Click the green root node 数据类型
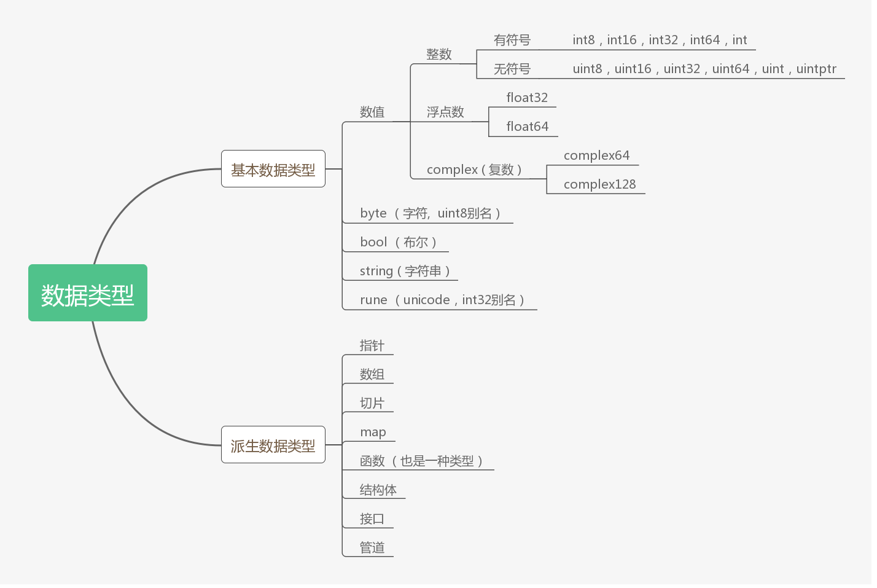[x=88, y=293]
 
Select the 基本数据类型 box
[x=273, y=169]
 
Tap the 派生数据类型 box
[x=273, y=445]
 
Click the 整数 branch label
[x=439, y=54]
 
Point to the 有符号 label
[x=512, y=40]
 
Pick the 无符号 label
[x=512, y=69]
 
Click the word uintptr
[x=816, y=69]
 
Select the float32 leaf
[x=527, y=98]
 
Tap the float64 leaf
[x=527, y=127]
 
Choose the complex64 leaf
[x=596, y=155]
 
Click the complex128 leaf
[x=599, y=184]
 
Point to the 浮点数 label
[x=445, y=112]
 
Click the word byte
[x=373, y=213]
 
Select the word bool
[x=373, y=242]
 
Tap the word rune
[x=373, y=300]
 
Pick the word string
[x=376, y=271]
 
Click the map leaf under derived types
[x=373, y=432]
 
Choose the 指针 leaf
[x=372, y=345]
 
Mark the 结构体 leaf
[x=378, y=490]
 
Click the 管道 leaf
[x=372, y=547]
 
